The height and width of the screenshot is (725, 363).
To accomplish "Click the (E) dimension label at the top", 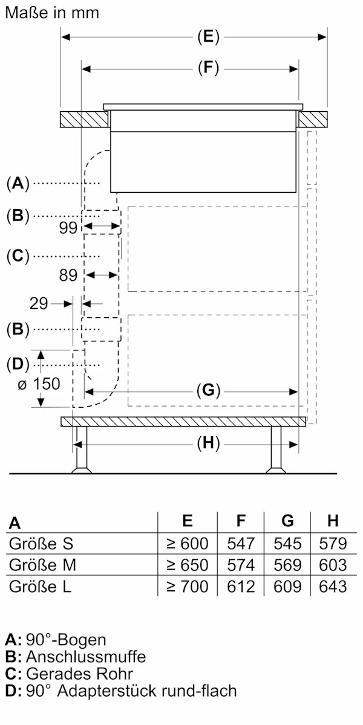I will tap(208, 37).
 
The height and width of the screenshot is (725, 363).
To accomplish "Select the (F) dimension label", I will tap(208, 68).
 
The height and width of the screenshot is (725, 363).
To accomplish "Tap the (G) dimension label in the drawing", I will tap(208, 390).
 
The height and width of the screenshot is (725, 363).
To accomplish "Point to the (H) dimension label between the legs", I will tap(208, 443).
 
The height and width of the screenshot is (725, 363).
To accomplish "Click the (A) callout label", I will tap(18, 182).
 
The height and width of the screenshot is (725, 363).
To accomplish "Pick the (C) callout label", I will tap(18, 256).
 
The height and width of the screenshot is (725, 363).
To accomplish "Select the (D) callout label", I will tap(18, 364).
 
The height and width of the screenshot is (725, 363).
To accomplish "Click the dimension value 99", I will tap(68, 228).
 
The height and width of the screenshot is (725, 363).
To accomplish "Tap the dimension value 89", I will tap(68, 275).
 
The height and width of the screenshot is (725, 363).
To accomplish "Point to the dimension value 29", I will tap(38, 303).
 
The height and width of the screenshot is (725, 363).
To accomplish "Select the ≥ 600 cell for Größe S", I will tap(187, 543).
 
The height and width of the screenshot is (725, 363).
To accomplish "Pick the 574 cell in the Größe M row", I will tap(241, 565).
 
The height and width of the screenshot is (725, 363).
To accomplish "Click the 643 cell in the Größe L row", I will tap(333, 586).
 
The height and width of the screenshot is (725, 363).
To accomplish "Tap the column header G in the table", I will tap(287, 521).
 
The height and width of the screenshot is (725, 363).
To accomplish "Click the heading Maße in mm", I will tap(51, 12).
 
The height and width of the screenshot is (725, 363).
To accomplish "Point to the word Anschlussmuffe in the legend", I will tap(85, 657).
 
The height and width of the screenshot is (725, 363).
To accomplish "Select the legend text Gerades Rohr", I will tap(79, 674).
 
